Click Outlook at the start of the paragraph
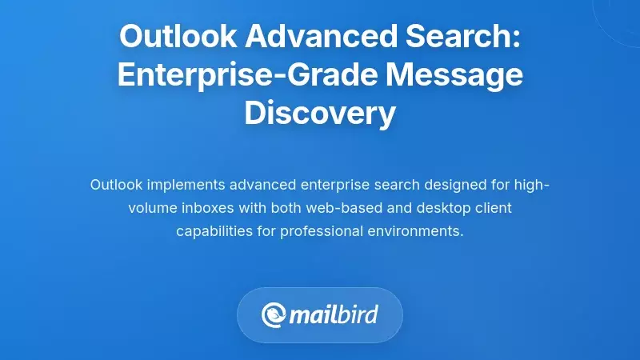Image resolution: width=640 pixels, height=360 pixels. click(x=116, y=186)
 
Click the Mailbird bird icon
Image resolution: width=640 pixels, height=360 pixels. click(x=274, y=314)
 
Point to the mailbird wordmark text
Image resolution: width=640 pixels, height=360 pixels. click(x=334, y=314)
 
